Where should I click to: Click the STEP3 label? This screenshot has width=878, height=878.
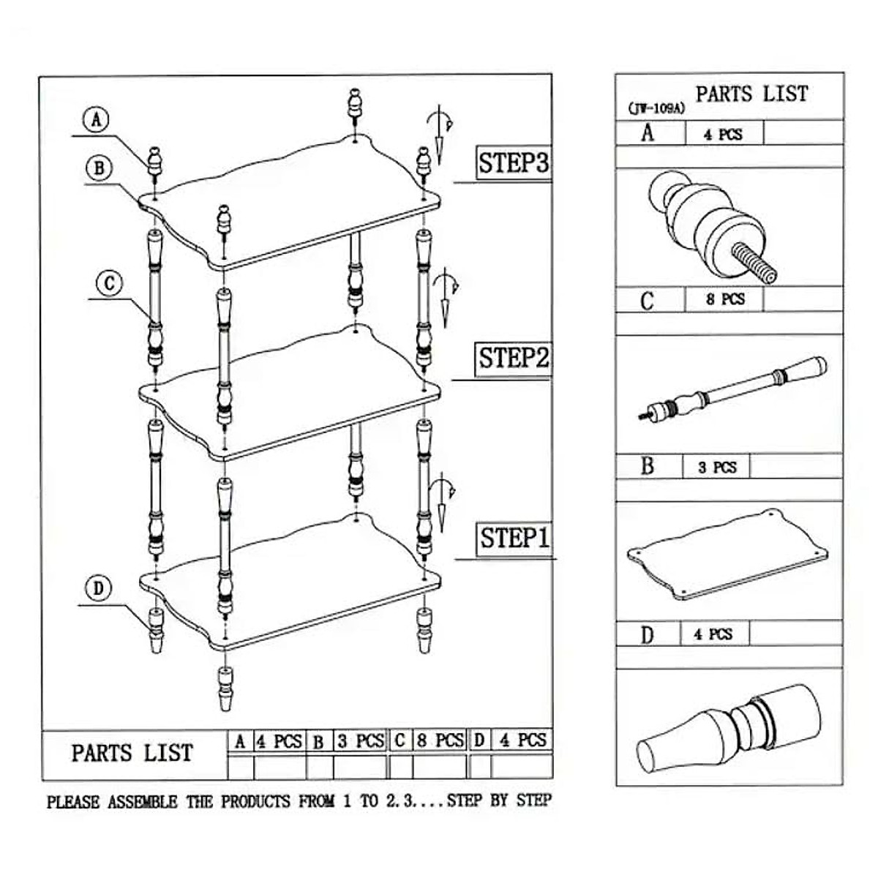pyautogui.click(x=513, y=162)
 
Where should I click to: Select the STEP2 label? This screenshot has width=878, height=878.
pyautogui.click(x=513, y=359)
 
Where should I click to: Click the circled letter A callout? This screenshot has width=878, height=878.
pyautogui.click(x=96, y=119)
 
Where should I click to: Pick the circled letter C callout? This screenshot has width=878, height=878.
pyautogui.click(x=109, y=282)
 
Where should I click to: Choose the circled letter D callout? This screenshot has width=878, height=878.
pyautogui.click(x=99, y=588)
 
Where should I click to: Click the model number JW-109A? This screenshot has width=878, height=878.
pyautogui.click(x=656, y=108)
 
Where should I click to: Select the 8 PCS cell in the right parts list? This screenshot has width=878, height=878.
pyautogui.click(x=724, y=299)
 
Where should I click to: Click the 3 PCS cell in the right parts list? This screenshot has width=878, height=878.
pyautogui.click(x=716, y=467)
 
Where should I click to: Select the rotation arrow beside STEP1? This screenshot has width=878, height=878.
pyautogui.click(x=442, y=501)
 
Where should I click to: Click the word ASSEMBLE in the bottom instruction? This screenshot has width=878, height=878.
pyautogui.click(x=142, y=802)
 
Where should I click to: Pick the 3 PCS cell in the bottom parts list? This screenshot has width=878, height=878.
pyautogui.click(x=360, y=741)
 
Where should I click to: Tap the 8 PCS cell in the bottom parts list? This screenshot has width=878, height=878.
pyautogui.click(x=440, y=741)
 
